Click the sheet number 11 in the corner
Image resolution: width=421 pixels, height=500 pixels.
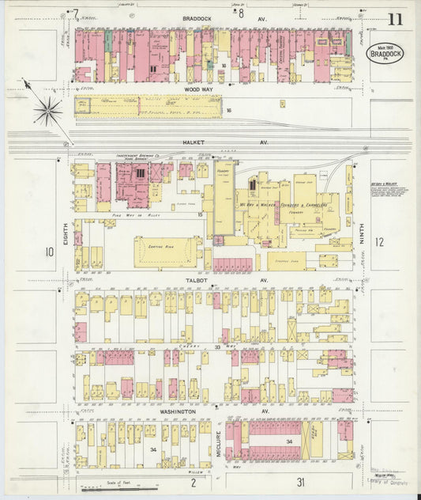(394, 19)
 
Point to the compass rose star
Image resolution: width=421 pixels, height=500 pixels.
(47, 110)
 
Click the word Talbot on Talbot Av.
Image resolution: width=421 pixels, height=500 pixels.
(197, 279)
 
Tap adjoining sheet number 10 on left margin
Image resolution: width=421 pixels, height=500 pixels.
(49, 252)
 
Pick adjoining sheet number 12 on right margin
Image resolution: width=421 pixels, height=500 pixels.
(379, 243)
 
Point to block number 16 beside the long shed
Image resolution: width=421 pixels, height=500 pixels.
(228, 110)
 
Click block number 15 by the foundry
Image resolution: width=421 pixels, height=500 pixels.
(201, 214)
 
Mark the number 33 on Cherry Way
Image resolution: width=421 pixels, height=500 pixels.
(218, 346)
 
